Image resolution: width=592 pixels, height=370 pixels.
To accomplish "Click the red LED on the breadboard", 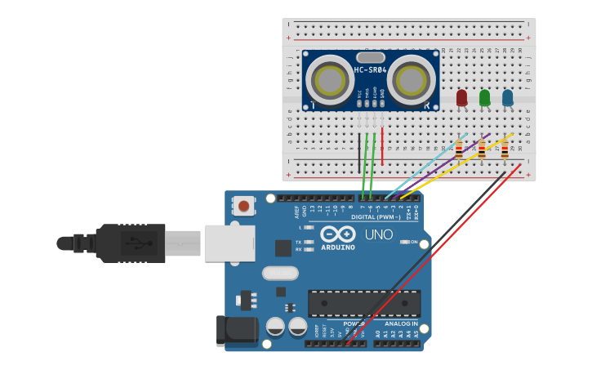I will (461, 97).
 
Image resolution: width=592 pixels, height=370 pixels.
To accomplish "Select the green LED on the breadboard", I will (484, 97).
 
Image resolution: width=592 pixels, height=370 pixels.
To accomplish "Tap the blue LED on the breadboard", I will (507, 97).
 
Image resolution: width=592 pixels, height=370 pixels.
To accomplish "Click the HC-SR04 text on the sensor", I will (370, 71).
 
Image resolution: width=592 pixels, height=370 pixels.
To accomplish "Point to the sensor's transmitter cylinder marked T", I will (332, 80).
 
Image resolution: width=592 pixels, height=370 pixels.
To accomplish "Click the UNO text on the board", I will (378, 234).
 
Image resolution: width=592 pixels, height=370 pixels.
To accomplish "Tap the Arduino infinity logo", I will (337, 233).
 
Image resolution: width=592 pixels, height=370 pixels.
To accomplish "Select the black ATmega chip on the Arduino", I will (364, 303).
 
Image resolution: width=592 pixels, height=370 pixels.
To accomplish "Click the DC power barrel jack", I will (237, 330).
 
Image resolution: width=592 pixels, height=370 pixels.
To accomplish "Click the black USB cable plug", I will (131, 243).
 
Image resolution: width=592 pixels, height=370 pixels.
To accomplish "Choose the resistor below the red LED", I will (458, 149).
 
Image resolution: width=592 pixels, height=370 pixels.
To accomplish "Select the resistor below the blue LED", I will (504, 149).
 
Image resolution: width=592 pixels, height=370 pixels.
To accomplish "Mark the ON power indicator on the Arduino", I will (413, 243).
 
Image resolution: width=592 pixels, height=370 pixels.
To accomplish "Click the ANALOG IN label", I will (401, 324).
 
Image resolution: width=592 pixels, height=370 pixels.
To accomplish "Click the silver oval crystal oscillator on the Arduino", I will (280, 273).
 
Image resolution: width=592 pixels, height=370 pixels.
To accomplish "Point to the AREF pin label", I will (297, 212).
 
